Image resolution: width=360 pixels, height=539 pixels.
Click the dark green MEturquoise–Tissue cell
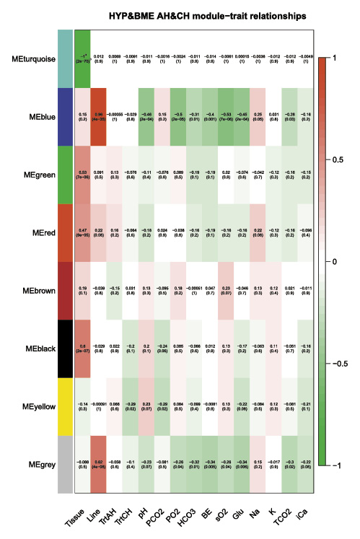83,58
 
